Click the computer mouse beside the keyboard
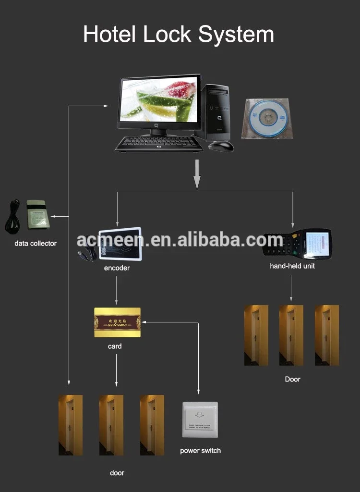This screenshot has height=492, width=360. point(221,146)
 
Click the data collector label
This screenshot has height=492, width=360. point(36,244)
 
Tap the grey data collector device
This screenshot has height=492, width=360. point(37,214)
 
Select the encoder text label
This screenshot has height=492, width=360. point(117,268)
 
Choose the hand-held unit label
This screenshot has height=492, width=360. point(292,266)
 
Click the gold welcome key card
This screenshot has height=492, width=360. point(117,322)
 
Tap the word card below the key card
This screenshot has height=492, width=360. point(115,346)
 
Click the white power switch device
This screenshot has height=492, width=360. point(200,419)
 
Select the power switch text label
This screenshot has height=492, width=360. point(200,451)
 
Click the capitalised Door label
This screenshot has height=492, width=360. point(292,379)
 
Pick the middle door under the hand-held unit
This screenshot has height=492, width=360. point(291,335)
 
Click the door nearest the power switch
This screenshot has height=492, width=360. point(152,425)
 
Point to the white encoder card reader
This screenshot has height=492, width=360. point(120,243)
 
